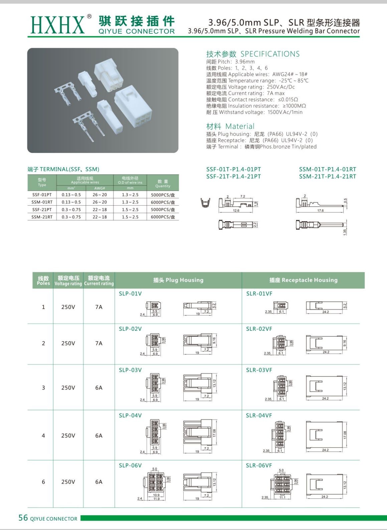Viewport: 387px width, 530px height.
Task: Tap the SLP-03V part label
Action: (130, 370)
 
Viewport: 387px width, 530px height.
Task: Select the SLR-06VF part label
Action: (259, 465)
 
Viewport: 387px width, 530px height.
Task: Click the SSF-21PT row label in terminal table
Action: (42, 210)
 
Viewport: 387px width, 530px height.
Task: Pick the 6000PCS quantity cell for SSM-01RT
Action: (163, 202)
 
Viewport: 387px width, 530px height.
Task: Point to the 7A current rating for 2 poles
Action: (99, 343)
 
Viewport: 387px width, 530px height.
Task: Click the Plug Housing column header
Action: (178, 280)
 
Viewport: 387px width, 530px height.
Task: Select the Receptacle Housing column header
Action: (304, 280)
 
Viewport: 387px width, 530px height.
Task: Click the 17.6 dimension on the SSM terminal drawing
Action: (320, 211)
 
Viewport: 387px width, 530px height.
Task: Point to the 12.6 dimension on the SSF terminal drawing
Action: (236, 211)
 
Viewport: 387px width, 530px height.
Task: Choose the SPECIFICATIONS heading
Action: (270, 54)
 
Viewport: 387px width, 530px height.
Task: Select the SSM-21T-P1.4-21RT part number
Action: (327, 176)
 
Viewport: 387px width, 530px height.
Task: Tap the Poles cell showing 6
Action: (43, 482)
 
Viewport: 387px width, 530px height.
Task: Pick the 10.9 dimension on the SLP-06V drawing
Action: (156, 495)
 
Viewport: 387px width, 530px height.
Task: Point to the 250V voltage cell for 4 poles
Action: (68, 435)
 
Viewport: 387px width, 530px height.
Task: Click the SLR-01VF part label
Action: (259, 294)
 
